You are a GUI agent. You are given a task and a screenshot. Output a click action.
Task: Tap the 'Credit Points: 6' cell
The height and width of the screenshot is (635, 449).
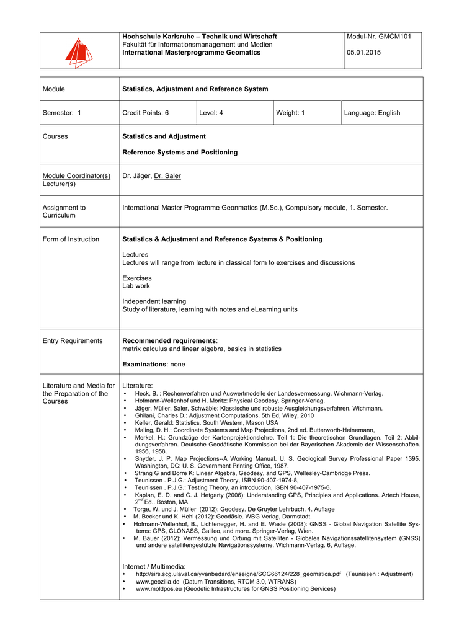pos(146,113)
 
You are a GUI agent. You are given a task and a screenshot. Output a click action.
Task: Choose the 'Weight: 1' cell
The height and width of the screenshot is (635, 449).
pos(290,113)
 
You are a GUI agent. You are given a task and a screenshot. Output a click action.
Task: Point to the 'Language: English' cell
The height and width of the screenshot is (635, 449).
pos(373,113)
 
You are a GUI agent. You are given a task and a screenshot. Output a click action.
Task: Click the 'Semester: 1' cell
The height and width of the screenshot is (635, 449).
pos(61,113)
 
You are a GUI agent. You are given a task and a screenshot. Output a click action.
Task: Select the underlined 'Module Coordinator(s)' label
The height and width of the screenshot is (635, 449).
pos(76,175)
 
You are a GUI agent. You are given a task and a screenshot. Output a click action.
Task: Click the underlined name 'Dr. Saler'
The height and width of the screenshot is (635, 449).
pos(167,175)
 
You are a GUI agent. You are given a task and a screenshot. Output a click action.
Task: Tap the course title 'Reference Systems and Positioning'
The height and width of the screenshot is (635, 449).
pos(180,152)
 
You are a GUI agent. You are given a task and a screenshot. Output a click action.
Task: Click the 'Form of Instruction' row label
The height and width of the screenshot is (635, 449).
pos(71,239)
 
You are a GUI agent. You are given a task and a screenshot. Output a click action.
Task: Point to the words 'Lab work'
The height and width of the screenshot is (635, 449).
pos(136,286)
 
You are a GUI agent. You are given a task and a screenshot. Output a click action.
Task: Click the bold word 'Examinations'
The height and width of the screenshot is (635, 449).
pos(145,364)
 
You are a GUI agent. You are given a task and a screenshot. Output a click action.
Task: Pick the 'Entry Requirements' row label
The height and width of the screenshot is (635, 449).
pos(73,340)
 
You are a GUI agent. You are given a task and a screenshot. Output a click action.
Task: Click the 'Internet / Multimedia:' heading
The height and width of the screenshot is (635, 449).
pos(154,566)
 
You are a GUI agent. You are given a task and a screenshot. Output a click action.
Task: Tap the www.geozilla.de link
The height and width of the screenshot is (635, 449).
pos(158,582)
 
